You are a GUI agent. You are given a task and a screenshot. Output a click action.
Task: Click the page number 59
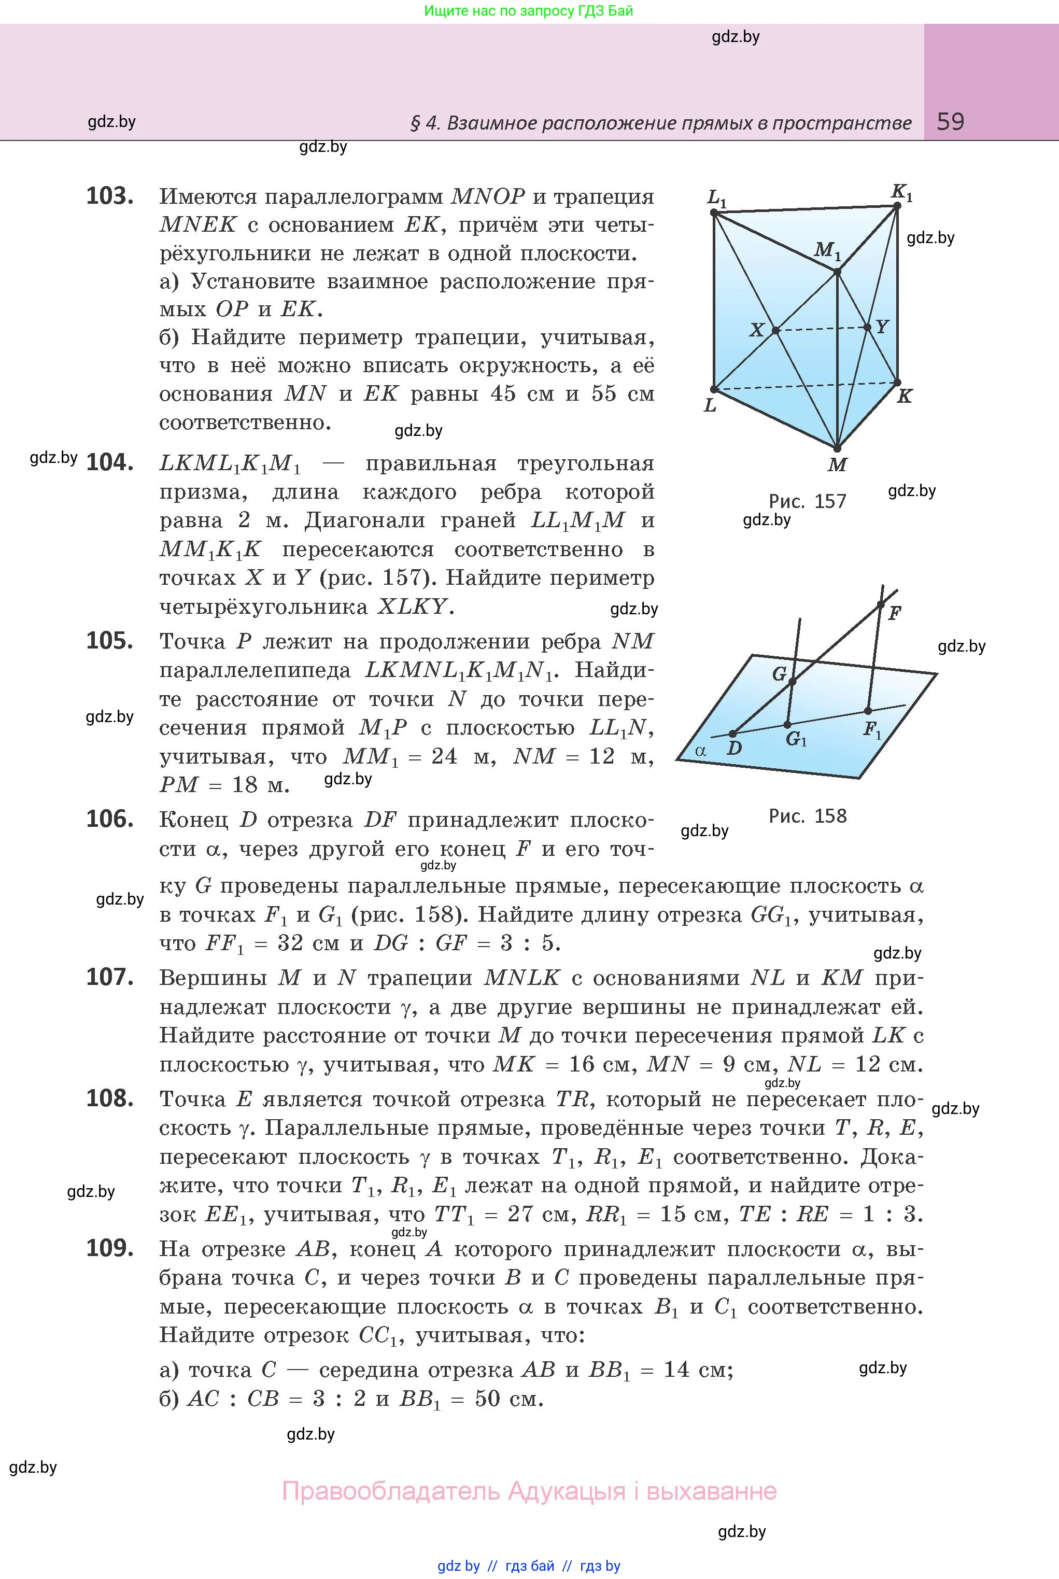click(x=950, y=122)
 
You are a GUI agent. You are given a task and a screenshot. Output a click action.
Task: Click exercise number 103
click(x=109, y=196)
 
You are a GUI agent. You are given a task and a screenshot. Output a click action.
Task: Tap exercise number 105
click(x=109, y=640)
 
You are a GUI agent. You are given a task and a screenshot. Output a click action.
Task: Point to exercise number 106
click(x=109, y=819)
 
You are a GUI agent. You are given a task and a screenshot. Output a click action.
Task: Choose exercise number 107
click(x=109, y=977)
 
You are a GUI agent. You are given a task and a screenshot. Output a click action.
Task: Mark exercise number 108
click(x=109, y=1099)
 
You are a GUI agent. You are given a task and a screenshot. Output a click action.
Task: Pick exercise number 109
click(x=109, y=1248)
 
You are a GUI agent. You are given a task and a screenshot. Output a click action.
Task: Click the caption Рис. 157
click(x=807, y=501)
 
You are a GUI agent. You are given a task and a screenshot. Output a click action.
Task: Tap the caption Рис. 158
click(x=807, y=816)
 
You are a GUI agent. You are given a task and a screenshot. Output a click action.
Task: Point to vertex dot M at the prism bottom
click(x=837, y=448)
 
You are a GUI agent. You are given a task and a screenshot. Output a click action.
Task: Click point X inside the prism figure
click(x=775, y=330)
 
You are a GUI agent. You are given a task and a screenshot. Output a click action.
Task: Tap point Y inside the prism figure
click(x=868, y=328)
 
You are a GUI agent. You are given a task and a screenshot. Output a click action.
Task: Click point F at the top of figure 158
click(x=880, y=604)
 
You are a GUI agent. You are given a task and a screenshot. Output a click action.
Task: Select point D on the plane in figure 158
click(x=733, y=734)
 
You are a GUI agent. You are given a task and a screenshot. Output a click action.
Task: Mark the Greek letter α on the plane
click(x=700, y=750)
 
